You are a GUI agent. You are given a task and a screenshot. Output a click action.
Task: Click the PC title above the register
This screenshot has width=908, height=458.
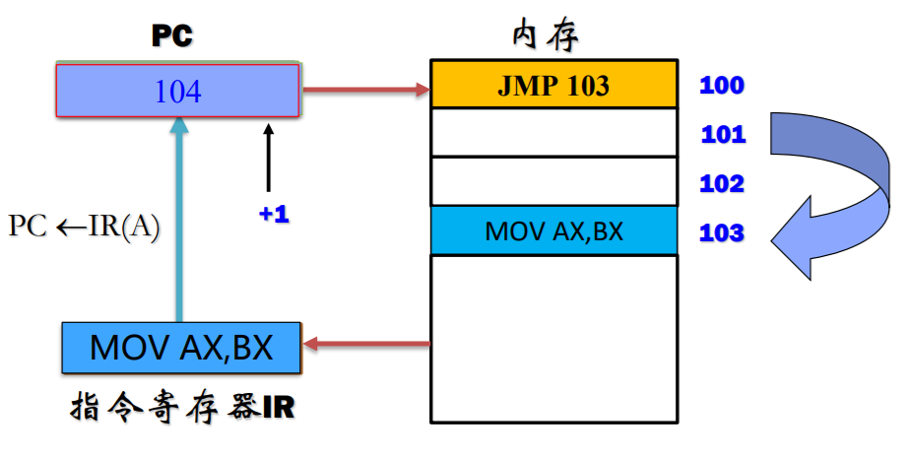(x=171, y=36)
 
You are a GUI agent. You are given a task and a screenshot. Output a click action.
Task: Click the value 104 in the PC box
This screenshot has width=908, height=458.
(x=177, y=92)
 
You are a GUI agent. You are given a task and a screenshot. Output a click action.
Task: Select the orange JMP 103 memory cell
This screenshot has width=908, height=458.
(x=553, y=86)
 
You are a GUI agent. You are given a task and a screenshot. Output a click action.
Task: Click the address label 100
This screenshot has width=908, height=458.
(x=722, y=86)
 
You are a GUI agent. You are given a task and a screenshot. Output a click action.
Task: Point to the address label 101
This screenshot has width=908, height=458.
(x=723, y=135)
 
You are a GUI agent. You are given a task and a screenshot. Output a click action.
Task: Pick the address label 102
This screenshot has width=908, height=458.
(x=722, y=184)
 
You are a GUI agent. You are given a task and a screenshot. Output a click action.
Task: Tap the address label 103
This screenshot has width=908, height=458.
(x=722, y=233)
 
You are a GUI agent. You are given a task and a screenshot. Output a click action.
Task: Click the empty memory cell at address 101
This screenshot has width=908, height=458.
(x=553, y=133)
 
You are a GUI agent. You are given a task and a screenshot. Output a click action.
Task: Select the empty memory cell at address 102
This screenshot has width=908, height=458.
(x=553, y=181)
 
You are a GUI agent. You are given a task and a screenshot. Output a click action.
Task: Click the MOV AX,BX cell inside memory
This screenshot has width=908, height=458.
(x=553, y=231)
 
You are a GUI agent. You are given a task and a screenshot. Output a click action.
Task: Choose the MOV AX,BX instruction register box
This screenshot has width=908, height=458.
(x=181, y=348)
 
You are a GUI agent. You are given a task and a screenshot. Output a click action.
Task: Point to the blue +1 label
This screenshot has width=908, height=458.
(x=274, y=215)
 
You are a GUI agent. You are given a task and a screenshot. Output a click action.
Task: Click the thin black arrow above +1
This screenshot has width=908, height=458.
(x=267, y=158)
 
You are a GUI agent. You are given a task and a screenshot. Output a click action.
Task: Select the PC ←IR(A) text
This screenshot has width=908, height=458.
(x=84, y=226)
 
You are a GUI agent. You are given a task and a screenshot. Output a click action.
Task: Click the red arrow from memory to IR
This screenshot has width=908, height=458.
(x=366, y=345)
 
